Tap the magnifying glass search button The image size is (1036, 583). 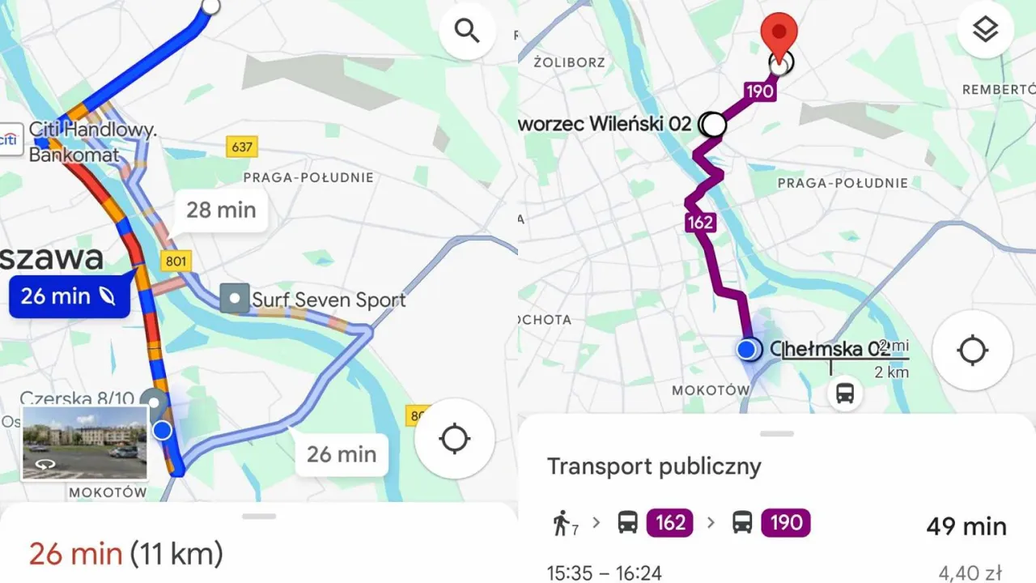pyautogui.click(x=467, y=32)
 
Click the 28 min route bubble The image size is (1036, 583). pyautogui.click(x=221, y=211)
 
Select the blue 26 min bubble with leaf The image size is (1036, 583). pyautogui.click(x=69, y=296)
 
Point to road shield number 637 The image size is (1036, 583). pyautogui.click(x=241, y=147)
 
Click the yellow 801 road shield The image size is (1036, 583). pyautogui.click(x=176, y=261)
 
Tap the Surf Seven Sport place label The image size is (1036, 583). pyautogui.click(x=314, y=300)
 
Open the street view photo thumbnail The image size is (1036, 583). pyautogui.click(x=85, y=443)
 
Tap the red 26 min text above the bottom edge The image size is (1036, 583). pyautogui.click(x=75, y=555)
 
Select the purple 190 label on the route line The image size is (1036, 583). pyautogui.click(x=759, y=91)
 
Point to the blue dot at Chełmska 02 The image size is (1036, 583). pyautogui.click(x=748, y=349)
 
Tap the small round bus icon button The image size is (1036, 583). pyautogui.click(x=845, y=394)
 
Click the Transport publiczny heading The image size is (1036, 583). pyautogui.click(x=654, y=466)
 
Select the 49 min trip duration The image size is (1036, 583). pyautogui.click(x=966, y=526)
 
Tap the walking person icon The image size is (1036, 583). pyautogui.click(x=560, y=523)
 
